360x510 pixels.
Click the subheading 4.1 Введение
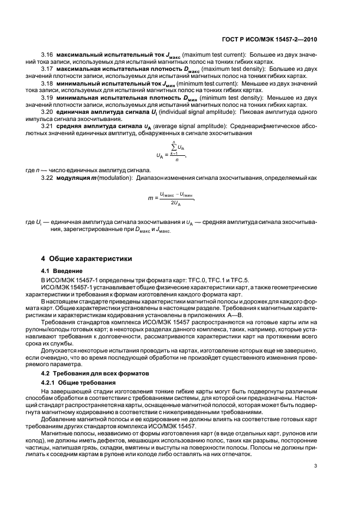click(62, 271)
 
